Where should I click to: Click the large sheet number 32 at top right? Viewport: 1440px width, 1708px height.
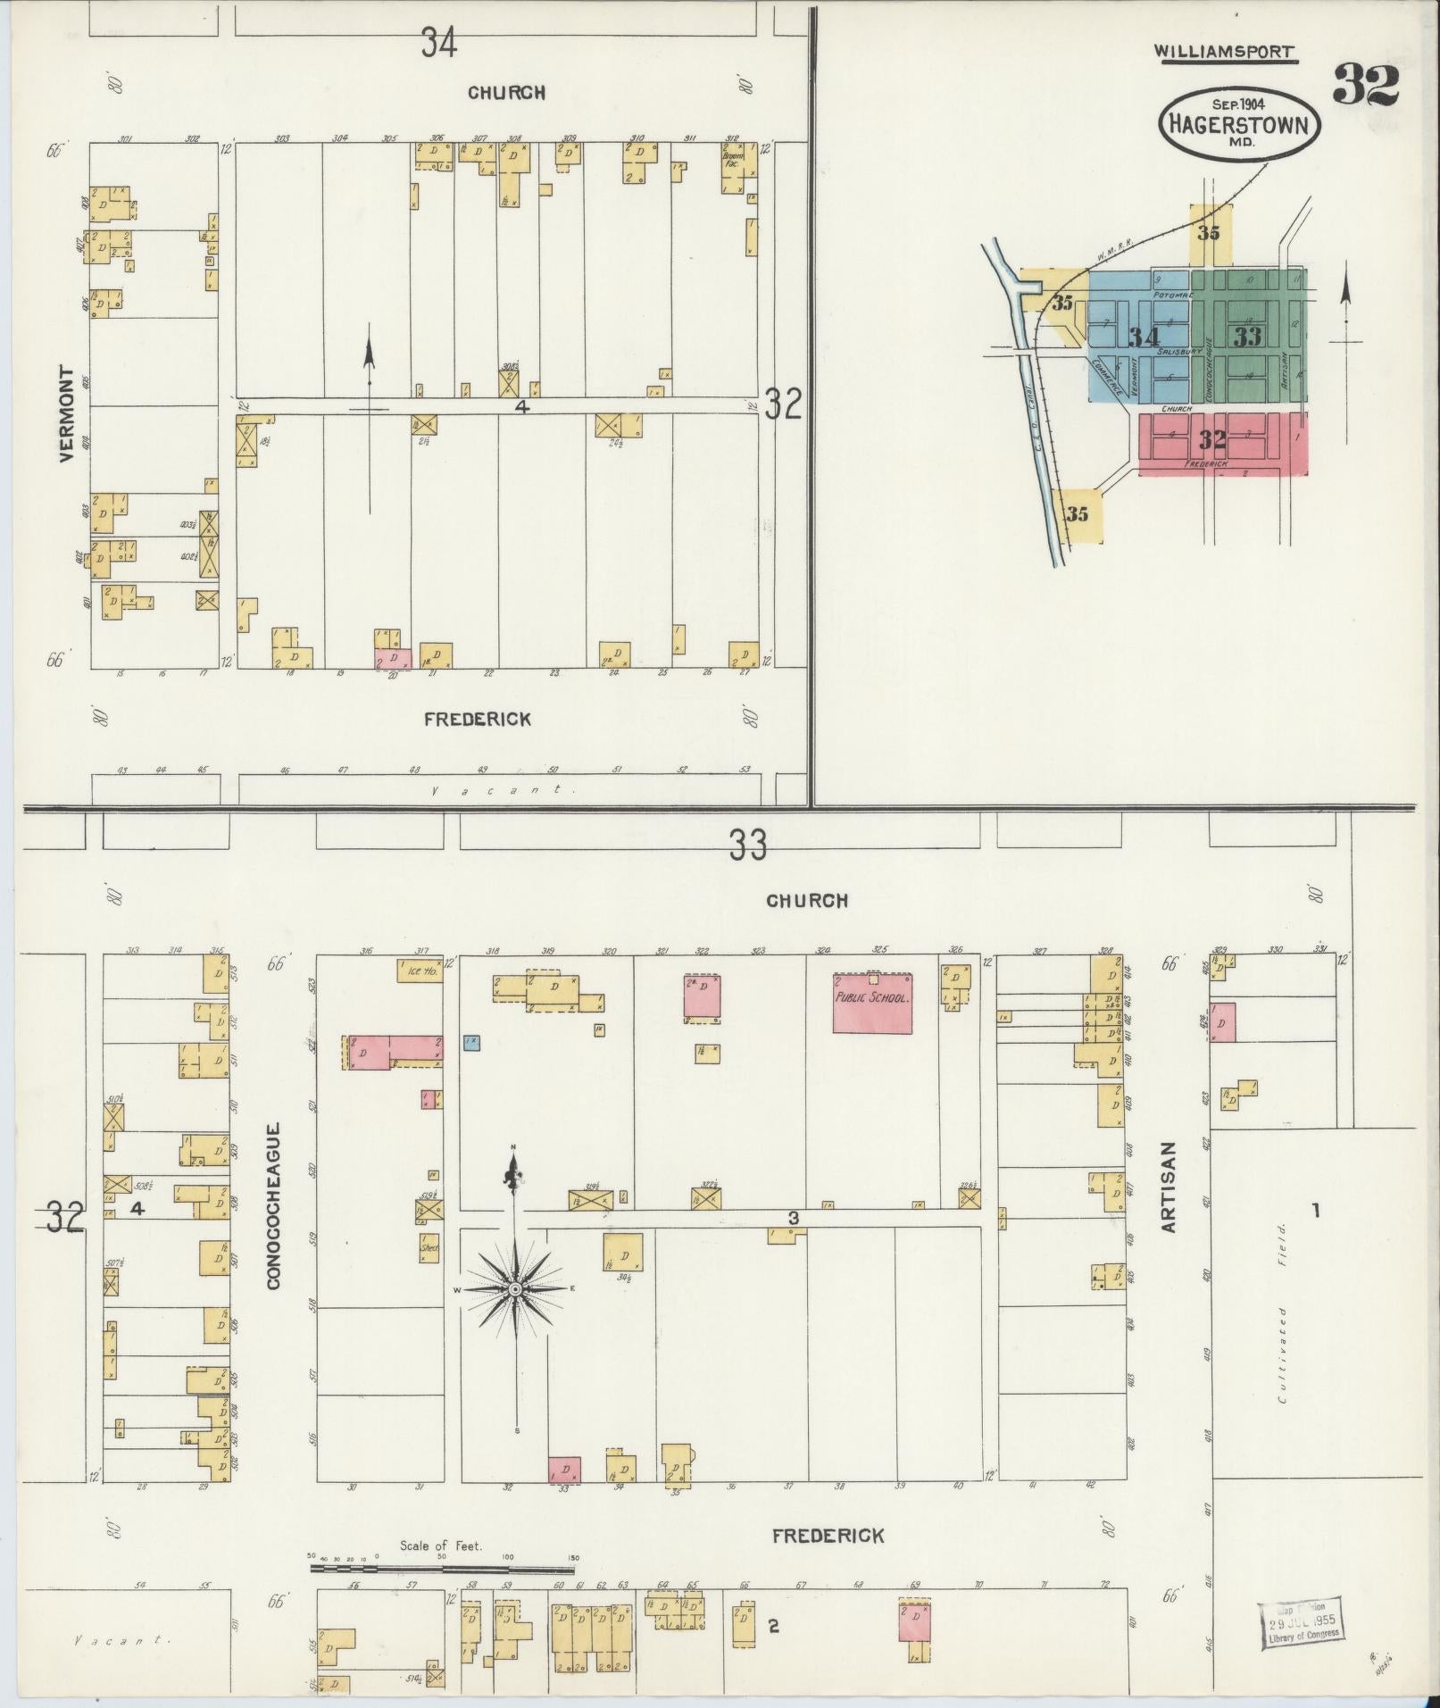[1365, 86]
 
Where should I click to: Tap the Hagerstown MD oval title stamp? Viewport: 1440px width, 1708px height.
[1238, 123]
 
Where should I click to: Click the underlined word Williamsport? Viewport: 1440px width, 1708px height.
[1224, 52]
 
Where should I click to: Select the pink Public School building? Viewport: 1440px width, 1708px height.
[871, 1002]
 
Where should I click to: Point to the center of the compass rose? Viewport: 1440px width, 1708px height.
[515, 1290]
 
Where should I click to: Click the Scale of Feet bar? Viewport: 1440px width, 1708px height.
[442, 1567]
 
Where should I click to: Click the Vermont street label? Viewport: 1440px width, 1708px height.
[65, 413]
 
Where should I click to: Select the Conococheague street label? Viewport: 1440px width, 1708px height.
[273, 1205]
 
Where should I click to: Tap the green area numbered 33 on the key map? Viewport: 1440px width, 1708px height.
[1247, 336]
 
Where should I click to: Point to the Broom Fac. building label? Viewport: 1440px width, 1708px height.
[733, 160]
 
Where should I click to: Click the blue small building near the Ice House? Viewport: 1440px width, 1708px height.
[471, 1041]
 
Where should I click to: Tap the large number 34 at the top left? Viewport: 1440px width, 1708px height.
[439, 42]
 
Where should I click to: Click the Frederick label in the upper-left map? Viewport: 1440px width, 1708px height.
[478, 719]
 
